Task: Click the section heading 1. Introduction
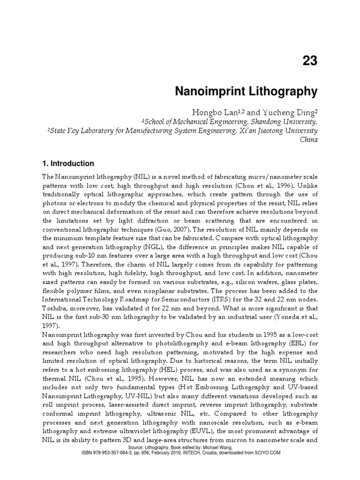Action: tap(68, 164)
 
